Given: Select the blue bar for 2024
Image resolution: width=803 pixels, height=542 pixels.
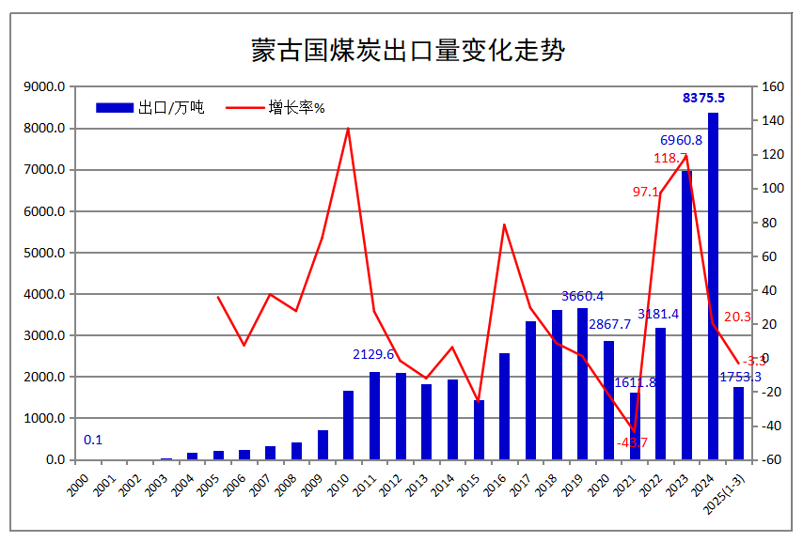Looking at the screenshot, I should pyautogui.click(x=713, y=286).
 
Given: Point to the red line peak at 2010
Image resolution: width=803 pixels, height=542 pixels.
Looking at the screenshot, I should pyautogui.click(x=348, y=129).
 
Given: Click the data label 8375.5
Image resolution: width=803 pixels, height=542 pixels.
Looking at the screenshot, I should pyautogui.click(x=703, y=98).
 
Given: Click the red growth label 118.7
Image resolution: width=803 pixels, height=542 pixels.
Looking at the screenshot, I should pyautogui.click(x=669, y=159).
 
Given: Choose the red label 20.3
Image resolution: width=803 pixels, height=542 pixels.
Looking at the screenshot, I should pyautogui.click(x=737, y=317).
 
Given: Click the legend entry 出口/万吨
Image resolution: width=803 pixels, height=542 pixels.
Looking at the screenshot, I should pyautogui.click(x=150, y=108).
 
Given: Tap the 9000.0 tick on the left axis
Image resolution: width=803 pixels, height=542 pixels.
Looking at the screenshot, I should pyautogui.click(x=44, y=87).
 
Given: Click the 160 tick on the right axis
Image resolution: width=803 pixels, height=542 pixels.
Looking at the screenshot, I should pyautogui.click(x=772, y=87).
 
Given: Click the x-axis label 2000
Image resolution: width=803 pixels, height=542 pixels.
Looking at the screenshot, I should pyautogui.click(x=81, y=483).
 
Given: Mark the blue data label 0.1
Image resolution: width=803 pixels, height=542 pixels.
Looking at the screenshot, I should pyautogui.click(x=93, y=440).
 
